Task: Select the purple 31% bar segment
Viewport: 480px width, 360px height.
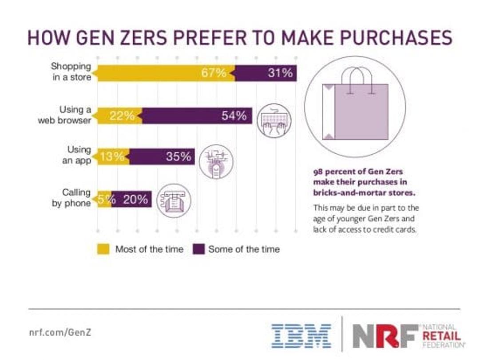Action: pos(266,73)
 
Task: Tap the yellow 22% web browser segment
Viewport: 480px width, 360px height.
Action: pos(119,116)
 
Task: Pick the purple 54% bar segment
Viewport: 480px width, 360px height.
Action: pos(197,116)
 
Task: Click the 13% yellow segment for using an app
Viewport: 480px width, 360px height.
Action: pos(113,157)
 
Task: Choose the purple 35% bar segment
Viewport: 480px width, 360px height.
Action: pos(163,157)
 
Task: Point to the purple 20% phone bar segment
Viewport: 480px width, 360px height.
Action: pos(132,200)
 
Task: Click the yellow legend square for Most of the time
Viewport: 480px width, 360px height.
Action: pos(103,249)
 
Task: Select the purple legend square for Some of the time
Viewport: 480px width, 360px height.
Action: pos(199,249)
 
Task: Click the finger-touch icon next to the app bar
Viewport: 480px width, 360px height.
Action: pos(217,162)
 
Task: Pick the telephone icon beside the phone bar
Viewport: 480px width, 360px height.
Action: pos(175,201)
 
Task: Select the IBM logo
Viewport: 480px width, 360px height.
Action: pos(301,336)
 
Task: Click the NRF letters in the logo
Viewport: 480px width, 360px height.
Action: pos(385,336)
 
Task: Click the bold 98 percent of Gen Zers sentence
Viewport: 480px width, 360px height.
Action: pos(360,183)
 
